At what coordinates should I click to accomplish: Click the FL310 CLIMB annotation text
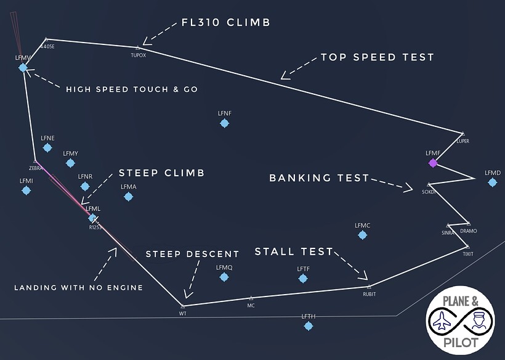[226, 23]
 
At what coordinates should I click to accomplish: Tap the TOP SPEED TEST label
[377, 57]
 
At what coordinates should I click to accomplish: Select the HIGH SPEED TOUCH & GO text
[132, 89]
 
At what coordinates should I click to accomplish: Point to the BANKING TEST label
[319, 178]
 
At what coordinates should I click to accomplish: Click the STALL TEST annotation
[294, 252]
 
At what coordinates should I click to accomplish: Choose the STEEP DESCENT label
[192, 254]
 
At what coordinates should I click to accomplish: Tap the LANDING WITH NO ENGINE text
[78, 287]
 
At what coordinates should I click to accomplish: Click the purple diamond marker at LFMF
[433, 163]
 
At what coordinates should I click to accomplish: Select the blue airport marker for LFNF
[225, 123]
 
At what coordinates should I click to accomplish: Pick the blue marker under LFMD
[493, 182]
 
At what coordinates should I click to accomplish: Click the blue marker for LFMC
[362, 235]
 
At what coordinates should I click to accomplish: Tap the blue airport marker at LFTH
[309, 325]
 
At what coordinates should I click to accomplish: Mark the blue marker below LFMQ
[224, 277]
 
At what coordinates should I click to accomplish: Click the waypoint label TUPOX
[139, 55]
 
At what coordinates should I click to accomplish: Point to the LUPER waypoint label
[463, 141]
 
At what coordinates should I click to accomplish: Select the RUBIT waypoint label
[369, 294]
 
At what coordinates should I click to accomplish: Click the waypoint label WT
[182, 314]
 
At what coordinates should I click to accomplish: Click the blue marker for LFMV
[23, 68]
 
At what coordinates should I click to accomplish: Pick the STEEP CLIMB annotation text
[161, 173]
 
